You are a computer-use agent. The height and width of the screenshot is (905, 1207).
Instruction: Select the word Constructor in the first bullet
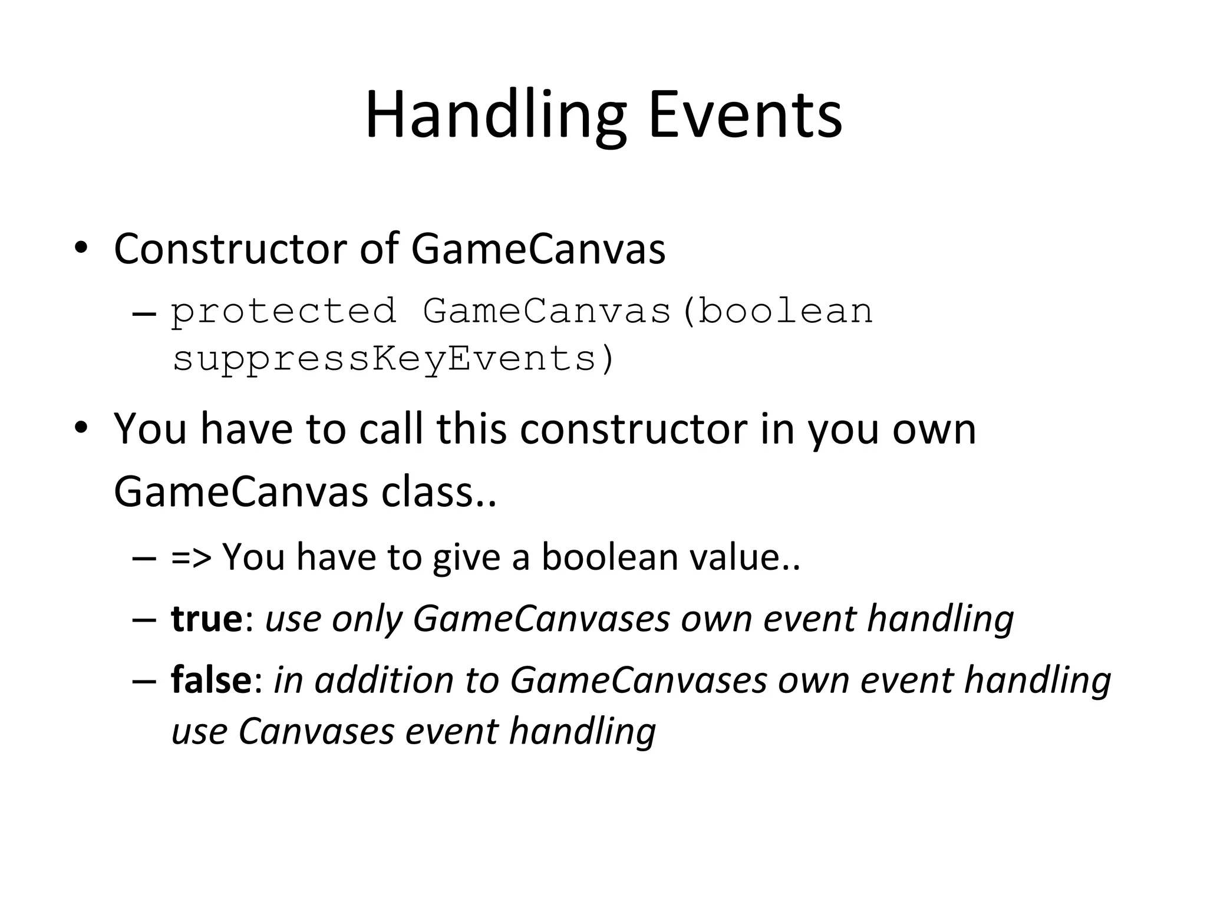230,249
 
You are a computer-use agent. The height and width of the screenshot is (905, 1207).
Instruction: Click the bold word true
206,618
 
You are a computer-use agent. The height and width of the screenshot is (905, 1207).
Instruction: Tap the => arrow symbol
190,557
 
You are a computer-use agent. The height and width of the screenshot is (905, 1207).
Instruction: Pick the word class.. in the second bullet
439,492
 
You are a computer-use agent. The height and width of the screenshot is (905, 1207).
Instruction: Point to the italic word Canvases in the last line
315,731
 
